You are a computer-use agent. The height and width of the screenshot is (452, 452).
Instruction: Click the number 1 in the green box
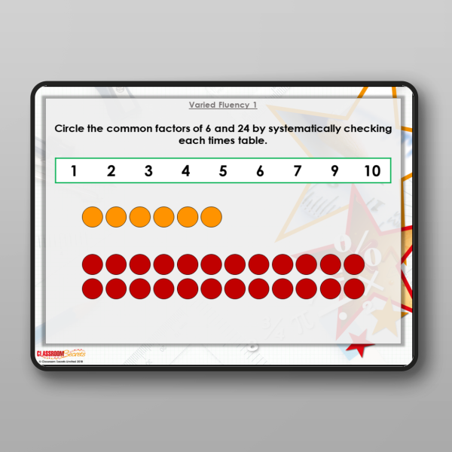point(74,171)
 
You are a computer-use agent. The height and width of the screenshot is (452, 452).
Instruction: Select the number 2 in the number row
point(111,171)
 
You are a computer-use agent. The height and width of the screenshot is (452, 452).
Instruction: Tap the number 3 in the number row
point(148,171)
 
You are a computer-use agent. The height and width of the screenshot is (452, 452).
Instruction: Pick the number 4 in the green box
point(185,171)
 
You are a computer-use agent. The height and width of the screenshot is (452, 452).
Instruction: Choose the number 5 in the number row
point(223,171)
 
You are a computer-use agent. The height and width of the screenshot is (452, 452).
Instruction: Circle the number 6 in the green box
point(260,171)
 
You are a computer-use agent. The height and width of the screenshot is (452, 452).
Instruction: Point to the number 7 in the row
point(298,171)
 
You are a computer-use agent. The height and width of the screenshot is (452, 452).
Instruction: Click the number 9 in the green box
point(334,171)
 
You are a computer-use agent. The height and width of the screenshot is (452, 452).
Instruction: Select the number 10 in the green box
point(372,171)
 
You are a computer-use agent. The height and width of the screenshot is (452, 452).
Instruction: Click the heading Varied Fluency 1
point(223,105)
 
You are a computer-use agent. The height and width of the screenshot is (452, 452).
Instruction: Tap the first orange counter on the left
point(92,217)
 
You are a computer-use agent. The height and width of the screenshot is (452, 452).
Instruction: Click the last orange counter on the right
point(212,217)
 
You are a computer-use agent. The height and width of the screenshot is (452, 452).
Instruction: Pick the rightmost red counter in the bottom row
point(354,288)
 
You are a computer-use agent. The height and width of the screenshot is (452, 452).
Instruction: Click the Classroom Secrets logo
point(60,353)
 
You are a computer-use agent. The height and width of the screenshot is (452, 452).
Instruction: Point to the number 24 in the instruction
point(246,128)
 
